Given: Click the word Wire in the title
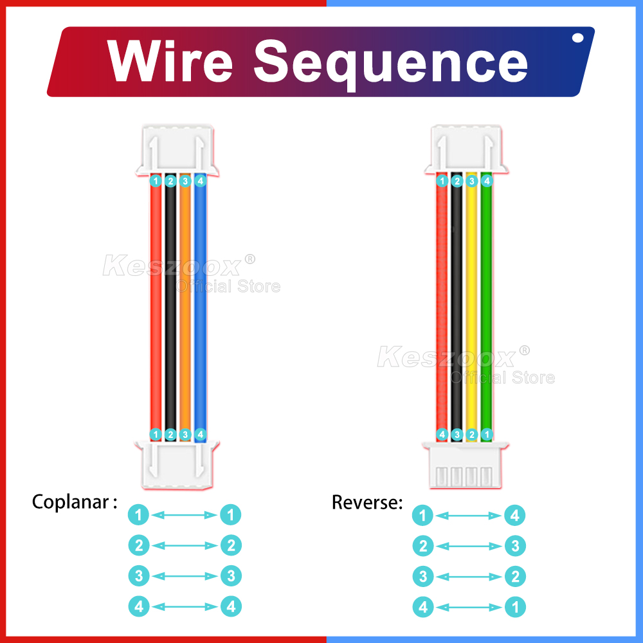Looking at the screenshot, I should [170, 62].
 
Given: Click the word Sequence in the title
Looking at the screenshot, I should [391, 62].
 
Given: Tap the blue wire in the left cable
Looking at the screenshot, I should [200, 309].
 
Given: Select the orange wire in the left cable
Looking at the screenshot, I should [185, 309].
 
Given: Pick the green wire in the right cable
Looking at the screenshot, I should [486, 309].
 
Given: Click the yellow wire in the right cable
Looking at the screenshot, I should [471, 309].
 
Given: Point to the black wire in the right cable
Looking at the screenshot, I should [457, 309].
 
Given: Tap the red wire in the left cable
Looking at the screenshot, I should [155, 309].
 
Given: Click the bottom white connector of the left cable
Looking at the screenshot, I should [177, 464].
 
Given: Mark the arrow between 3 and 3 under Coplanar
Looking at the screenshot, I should [185, 575].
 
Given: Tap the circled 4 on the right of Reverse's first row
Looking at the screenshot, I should [515, 515].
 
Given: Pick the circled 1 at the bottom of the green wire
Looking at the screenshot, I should [487, 435].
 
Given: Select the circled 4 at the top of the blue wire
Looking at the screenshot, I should [200, 181].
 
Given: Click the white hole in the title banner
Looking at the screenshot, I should [577, 38].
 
